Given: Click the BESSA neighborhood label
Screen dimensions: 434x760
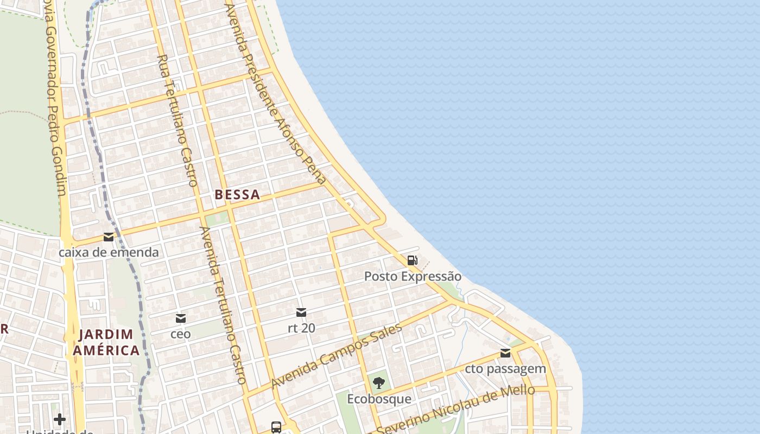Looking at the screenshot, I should tap(237, 195).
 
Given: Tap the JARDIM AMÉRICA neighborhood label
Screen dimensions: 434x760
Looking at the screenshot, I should tap(106, 342).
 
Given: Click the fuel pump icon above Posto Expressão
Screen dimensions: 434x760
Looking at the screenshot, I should tap(413, 261).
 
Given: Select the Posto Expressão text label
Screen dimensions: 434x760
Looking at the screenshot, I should tap(413, 277).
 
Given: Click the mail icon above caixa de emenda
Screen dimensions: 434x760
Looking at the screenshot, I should tap(109, 237).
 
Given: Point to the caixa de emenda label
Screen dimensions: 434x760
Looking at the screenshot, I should tap(109, 252).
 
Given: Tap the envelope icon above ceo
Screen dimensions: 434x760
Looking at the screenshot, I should tap(181, 318).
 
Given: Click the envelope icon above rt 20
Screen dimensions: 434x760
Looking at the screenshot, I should tap(301, 312).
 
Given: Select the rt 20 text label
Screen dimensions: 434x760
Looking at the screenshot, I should tap(301, 328).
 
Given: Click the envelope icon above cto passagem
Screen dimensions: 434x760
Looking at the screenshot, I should tap(505, 353).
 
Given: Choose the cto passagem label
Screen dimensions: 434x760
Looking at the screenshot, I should tap(505, 369).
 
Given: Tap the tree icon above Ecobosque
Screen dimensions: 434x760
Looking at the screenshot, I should tap(379, 383).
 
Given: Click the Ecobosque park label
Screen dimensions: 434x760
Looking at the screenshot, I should tap(379, 399).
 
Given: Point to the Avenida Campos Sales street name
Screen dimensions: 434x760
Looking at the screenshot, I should tap(337, 355).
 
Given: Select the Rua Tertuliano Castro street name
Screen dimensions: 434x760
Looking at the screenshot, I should tap(177, 120).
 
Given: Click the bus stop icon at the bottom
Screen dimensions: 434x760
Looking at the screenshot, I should tap(276, 427).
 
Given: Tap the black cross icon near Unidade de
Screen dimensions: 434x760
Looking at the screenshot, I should tap(60, 419).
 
